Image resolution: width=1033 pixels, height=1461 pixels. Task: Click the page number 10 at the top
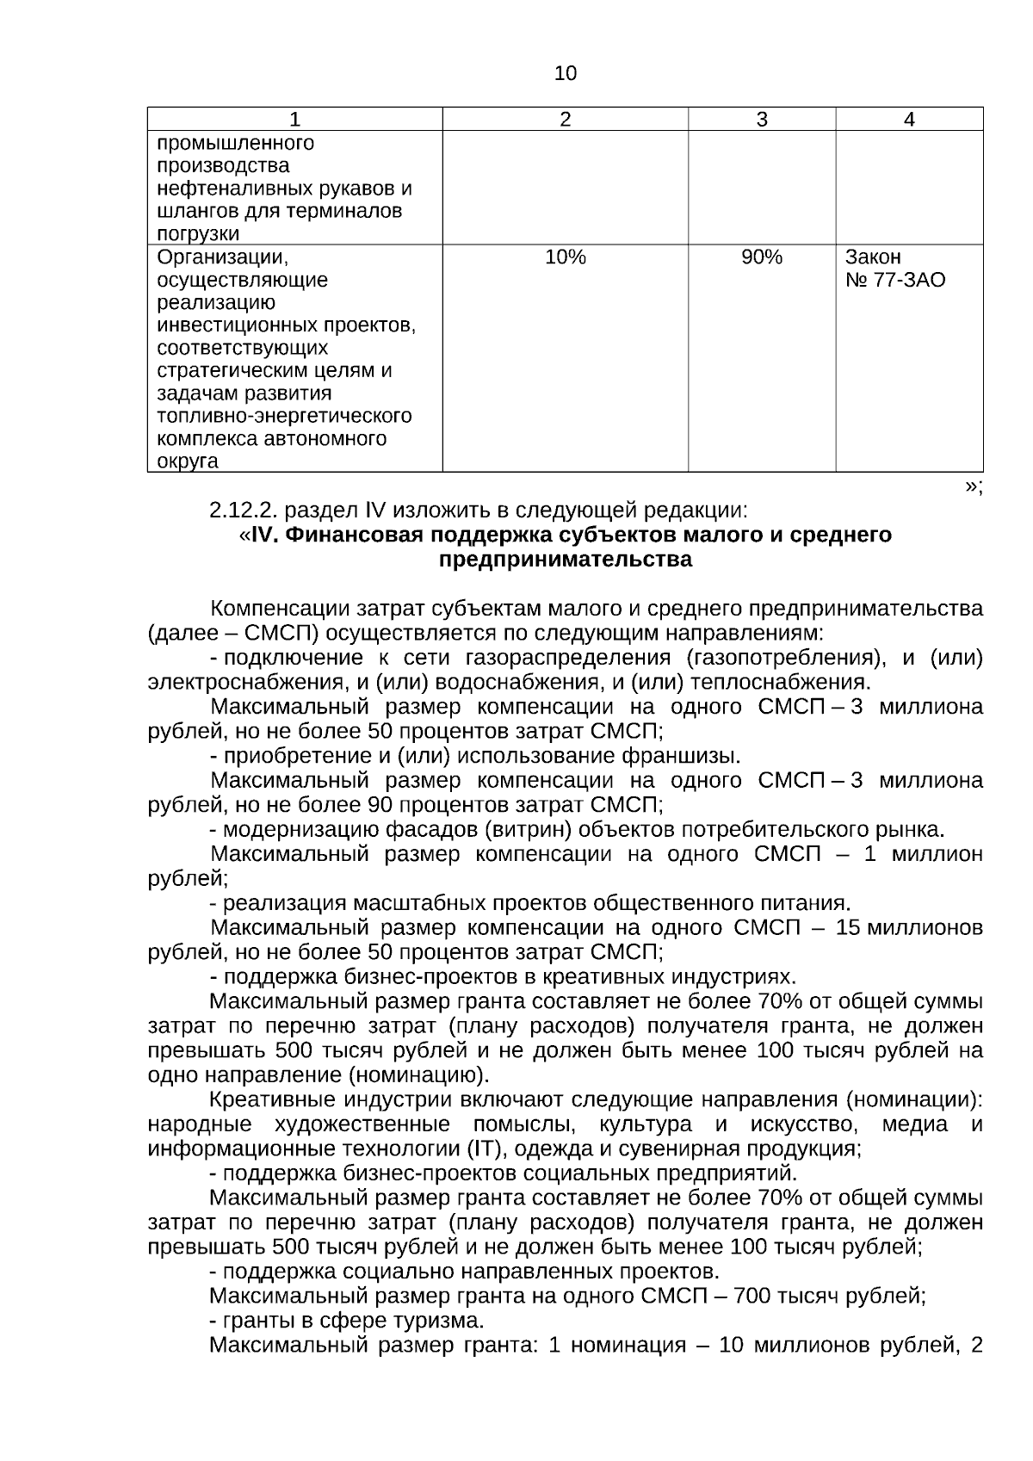coord(565,74)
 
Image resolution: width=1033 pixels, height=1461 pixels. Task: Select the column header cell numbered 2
coord(565,120)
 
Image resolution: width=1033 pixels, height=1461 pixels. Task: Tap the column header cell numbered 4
coord(909,120)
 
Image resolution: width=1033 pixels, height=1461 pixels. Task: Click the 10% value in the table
coord(565,257)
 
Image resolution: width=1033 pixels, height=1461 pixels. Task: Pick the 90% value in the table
coord(762,257)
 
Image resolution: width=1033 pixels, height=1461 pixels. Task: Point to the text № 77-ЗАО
coord(895,281)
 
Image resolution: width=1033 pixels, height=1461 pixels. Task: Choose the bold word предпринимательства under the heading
coord(565,560)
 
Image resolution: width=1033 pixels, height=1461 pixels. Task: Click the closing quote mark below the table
coord(972,486)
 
